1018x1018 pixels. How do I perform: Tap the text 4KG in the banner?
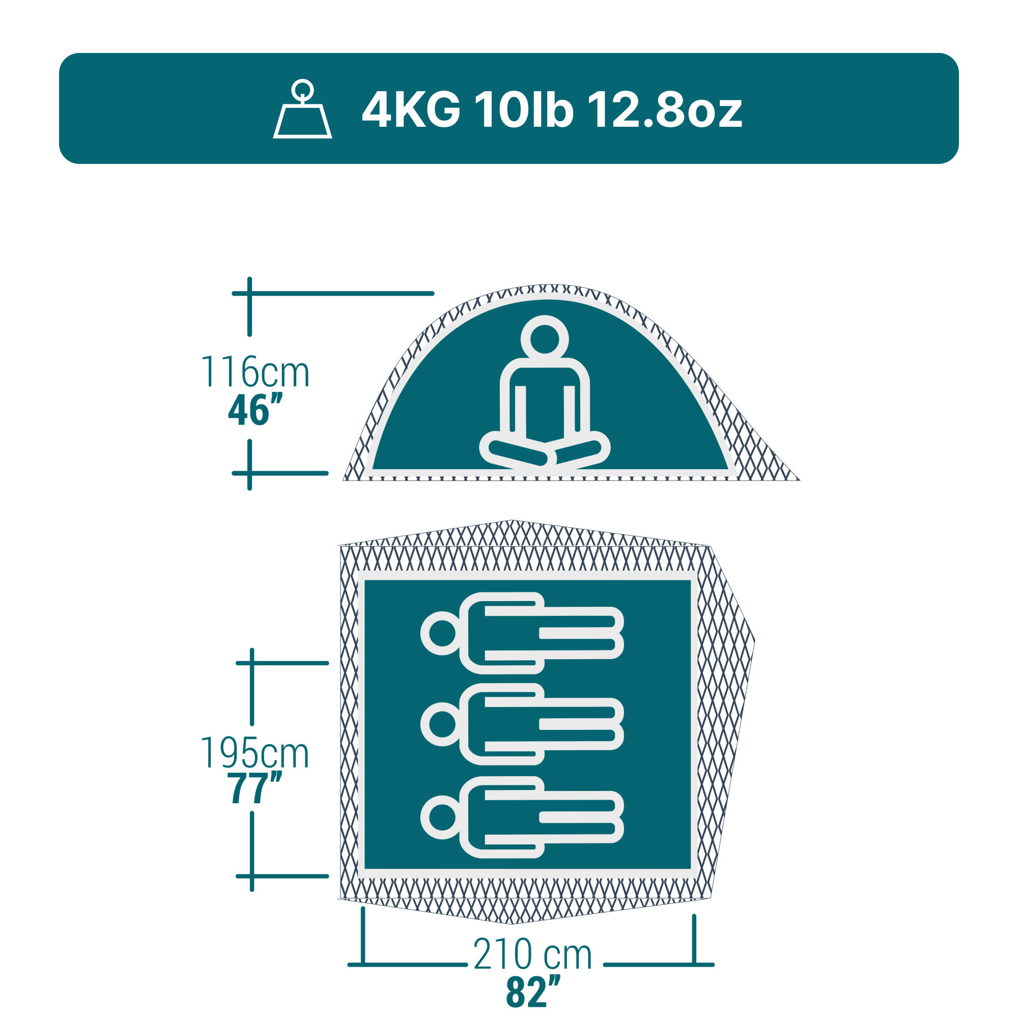click(410, 110)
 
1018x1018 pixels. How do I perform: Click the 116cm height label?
click(255, 372)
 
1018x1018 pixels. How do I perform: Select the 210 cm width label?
click(532, 954)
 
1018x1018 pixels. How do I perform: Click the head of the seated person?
click(544, 339)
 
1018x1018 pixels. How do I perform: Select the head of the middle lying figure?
click(441, 724)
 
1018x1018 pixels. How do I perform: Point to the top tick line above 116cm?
click(332, 294)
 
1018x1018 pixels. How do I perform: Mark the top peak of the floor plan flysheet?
click(511, 522)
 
